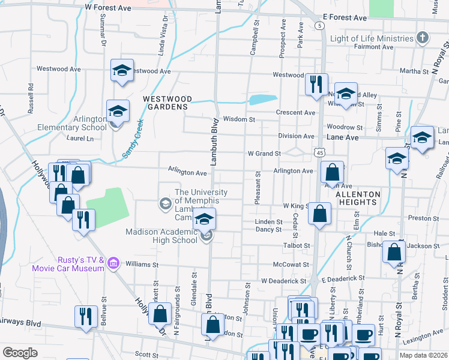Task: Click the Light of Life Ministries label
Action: pos(372,38)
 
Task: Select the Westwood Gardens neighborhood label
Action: pos(167,103)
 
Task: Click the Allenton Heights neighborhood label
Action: pos(358,199)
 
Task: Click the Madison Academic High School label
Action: pos(161,236)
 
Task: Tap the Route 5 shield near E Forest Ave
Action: pos(321,26)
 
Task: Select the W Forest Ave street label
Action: pos(108,8)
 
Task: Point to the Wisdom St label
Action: pos(235,119)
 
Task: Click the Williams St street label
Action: pos(142,264)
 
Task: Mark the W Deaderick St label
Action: pos(283,280)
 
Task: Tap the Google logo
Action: pos(20,352)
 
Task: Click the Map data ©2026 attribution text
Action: pos(423,355)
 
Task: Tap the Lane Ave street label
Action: pos(342,137)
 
